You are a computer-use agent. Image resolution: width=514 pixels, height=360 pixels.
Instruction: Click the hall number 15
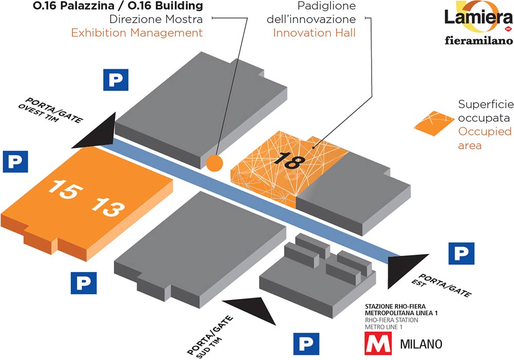(65, 190)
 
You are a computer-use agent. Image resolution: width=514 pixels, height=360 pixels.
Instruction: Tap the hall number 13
(108, 207)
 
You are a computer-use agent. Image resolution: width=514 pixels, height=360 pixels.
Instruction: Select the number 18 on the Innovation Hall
(289, 161)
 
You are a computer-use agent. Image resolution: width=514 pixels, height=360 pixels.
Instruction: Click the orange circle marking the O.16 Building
(215, 163)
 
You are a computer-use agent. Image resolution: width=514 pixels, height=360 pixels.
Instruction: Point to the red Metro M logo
(378, 343)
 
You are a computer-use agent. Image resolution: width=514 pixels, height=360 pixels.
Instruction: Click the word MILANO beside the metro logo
(421, 344)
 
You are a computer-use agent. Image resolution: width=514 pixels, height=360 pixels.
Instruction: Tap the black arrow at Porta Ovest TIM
(95, 131)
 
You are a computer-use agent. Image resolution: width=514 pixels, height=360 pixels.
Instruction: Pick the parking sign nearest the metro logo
(306, 344)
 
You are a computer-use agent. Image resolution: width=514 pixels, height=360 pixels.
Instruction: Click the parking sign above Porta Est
(461, 253)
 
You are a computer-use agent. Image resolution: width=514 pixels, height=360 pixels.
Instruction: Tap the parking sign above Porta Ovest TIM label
(116, 80)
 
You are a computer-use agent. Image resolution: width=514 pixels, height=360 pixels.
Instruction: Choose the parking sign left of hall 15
(15, 161)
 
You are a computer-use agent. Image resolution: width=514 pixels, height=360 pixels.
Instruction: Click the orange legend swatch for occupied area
(434, 123)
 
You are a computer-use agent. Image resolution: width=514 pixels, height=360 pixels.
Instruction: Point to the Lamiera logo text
(479, 18)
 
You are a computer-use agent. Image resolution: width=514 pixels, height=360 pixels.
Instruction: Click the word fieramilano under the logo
(479, 40)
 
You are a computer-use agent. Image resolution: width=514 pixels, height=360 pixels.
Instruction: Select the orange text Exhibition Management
(137, 33)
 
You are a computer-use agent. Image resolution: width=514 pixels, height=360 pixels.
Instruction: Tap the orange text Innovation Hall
(315, 33)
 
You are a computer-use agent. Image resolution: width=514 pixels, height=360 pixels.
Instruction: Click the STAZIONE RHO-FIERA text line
(395, 307)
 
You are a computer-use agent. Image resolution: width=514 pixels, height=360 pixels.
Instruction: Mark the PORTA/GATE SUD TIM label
(210, 336)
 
